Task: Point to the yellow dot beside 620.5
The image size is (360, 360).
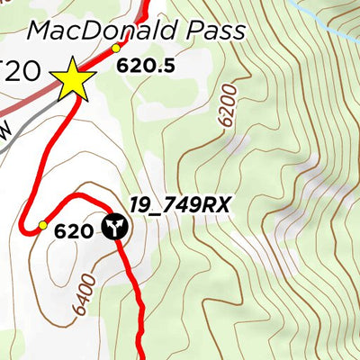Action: coord(115,48)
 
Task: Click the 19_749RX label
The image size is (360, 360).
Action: coord(179,205)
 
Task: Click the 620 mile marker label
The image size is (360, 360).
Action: coord(73,231)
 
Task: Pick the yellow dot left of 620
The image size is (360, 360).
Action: coord(41,225)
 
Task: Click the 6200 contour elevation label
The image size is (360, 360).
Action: coord(226,104)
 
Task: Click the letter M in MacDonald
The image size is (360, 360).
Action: coord(40,31)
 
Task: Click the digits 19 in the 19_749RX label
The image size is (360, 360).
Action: coord(139,205)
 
